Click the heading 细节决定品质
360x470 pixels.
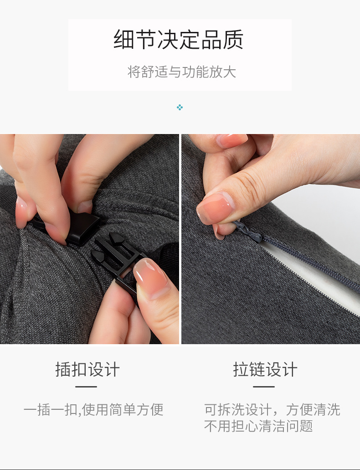[x=179, y=40]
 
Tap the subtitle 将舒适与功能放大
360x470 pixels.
[x=181, y=72]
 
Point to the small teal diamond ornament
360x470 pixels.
[x=180, y=108]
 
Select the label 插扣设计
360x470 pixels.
[x=87, y=369]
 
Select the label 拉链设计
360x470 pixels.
[x=265, y=369]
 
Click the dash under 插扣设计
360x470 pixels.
[x=86, y=387]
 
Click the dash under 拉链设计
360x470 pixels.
[x=264, y=387]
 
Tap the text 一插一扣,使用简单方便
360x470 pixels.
[x=93, y=410]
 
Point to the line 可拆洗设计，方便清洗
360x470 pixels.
[x=272, y=410]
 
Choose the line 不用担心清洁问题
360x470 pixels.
[x=258, y=426]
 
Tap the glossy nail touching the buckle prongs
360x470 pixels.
[x=150, y=273]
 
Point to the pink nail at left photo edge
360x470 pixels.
[x=21, y=213]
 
